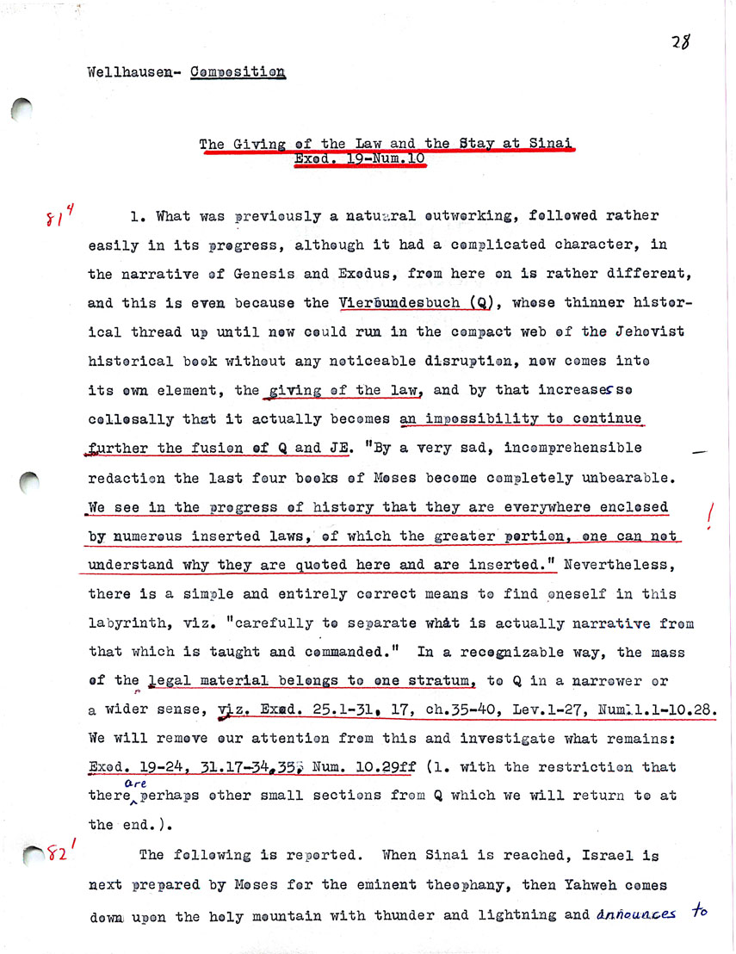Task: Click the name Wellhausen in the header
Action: pos(127,72)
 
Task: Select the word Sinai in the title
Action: pos(549,143)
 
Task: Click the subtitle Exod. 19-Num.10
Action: pos(359,159)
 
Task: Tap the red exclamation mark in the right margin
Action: pos(710,515)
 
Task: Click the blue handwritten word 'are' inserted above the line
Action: pos(135,782)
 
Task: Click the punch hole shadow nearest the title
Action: pos(22,110)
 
